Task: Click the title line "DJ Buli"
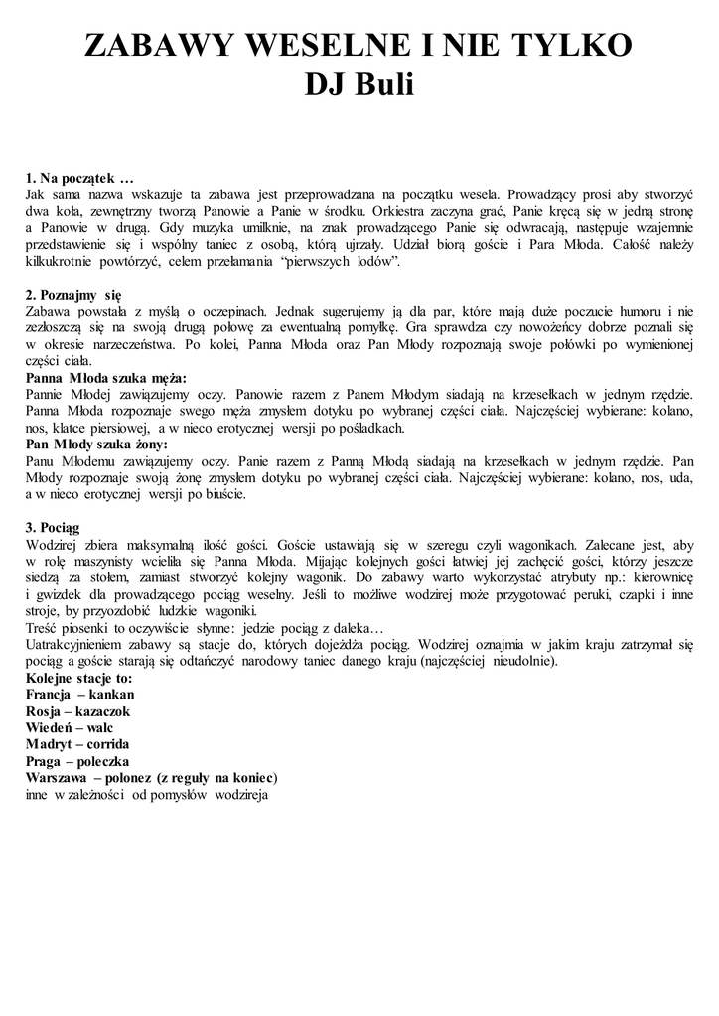coord(359,86)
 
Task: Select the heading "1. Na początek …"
coord(79,179)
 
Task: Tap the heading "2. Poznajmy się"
coord(73,295)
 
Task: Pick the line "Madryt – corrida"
coord(78,744)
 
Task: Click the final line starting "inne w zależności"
coord(147,794)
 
